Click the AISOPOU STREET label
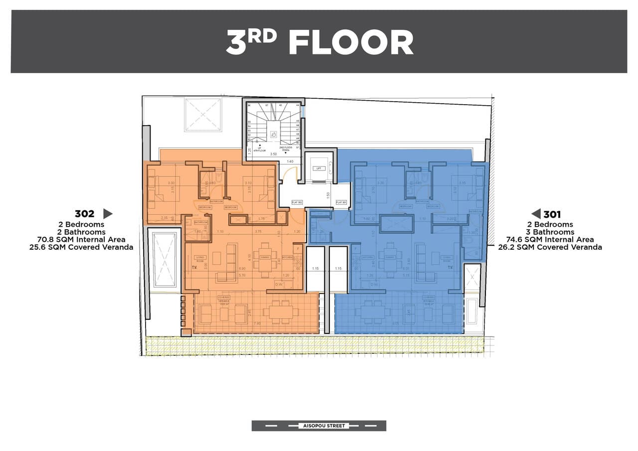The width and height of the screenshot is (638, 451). pos(319,426)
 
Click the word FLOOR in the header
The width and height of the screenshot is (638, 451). pos(351,42)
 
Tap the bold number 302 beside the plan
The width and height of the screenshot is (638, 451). pos(84,214)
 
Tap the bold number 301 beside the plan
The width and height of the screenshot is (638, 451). pos(552,214)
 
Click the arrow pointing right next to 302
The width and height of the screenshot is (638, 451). pos(107,214)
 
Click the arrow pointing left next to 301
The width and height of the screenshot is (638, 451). pos(536,214)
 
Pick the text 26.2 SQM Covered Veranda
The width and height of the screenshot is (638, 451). pos(550,247)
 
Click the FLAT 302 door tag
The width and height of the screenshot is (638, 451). pos(297,202)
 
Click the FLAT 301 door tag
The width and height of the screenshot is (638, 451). pos(341,202)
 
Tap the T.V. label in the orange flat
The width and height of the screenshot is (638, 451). pos(194,268)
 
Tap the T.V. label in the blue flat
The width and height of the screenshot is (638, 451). pos(451,268)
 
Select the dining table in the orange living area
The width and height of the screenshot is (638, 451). pos(264,258)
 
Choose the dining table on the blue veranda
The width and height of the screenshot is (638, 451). pos(370,312)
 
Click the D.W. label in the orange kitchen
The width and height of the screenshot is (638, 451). pos(279,285)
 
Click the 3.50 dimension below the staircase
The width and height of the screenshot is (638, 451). pos(273,155)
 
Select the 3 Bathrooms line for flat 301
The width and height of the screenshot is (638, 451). pos(550,232)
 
